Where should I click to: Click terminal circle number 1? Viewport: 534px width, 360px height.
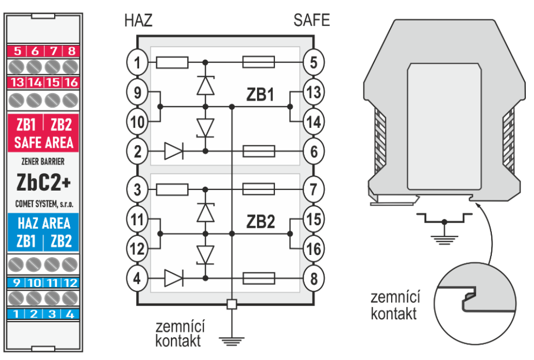pyautogui.click(x=137, y=63)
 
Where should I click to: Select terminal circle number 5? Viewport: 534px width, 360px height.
pyautogui.click(x=314, y=63)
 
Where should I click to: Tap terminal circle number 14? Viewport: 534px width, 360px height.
pyautogui.click(x=314, y=122)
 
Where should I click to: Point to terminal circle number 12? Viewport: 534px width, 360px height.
pyautogui.click(x=137, y=250)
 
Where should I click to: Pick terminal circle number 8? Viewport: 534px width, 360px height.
pyautogui.click(x=314, y=279)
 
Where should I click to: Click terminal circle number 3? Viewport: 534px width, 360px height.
pyautogui.click(x=137, y=190)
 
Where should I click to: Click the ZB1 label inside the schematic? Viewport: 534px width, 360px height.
pyautogui.click(x=260, y=95)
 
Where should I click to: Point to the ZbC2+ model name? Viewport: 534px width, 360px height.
pyautogui.click(x=43, y=182)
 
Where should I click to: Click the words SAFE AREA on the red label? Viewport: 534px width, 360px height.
pyautogui.click(x=44, y=143)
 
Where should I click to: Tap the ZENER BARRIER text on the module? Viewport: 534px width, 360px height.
pyautogui.click(x=44, y=161)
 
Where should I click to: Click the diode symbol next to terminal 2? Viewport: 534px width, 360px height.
pyautogui.click(x=173, y=151)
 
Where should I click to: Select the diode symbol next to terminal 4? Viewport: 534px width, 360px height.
pyautogui.click(x=173, y=279)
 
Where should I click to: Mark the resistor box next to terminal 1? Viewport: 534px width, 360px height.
pyautogui.click(x=172, y=63)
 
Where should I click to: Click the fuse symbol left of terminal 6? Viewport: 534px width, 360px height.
pyautogui.click(x=259, y=151)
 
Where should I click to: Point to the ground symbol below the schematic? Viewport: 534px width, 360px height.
pyautogui.click(x=231, y=340)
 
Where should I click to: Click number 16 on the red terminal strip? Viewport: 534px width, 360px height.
pyautogui.click(x=70, y=83)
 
